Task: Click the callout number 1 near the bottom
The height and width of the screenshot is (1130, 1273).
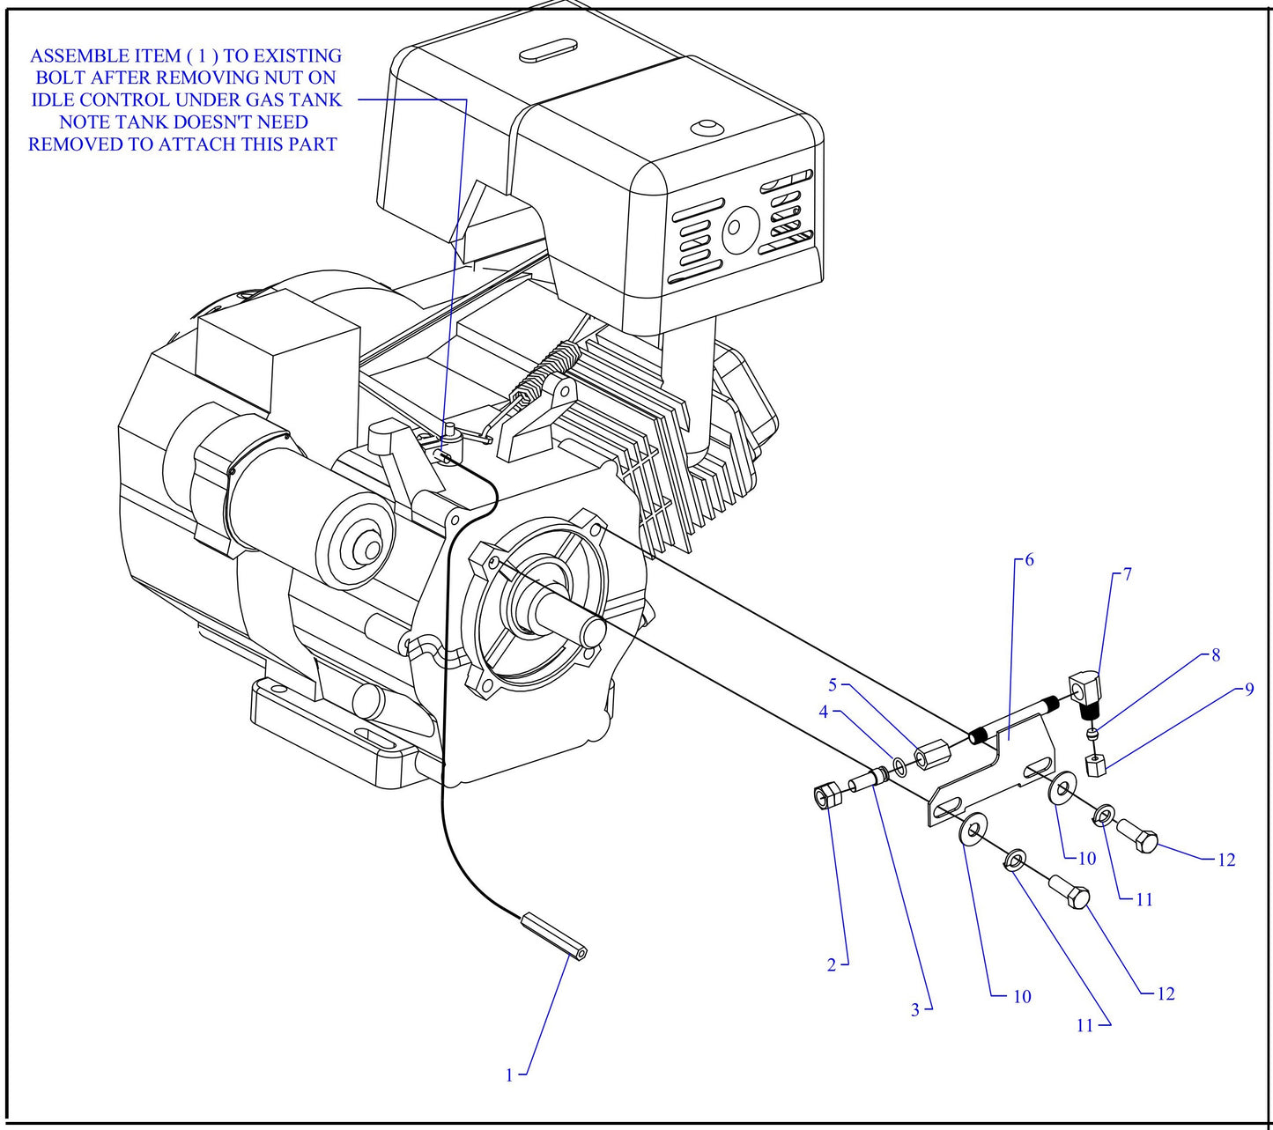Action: click(x=508, y=1075)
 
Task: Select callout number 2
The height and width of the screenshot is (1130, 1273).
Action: click(x=831, y=965)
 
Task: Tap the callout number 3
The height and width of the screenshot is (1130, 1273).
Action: click(x=915, y=1010)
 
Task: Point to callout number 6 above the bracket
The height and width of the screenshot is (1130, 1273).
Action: click(x=1028, y=560)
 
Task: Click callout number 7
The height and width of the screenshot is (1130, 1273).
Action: click(x=1127, y=574)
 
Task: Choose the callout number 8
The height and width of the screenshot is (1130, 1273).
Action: click(x=1216, y=655)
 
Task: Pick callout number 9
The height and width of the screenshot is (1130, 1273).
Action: click(x=1248, y=689)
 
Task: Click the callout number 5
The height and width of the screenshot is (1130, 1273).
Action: click(x=832, y=685)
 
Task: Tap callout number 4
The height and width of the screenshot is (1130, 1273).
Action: click(x=823, y=712)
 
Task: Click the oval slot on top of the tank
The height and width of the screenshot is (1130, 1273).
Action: click(x=547, y=50)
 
